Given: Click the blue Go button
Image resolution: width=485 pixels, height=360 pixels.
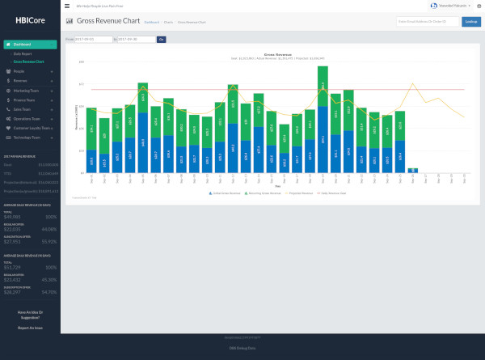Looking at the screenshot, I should click(x=162, y=39).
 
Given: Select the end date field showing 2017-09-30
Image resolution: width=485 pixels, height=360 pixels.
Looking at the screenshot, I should click(x=137, y=39).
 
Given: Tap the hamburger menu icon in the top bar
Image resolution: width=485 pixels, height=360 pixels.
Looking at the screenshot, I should click(x=67, y=6).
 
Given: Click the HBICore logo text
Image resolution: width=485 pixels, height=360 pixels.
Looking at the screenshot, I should click(x=30, y=20).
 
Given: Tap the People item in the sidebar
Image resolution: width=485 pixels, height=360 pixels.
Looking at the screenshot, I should click(x=20, y=72).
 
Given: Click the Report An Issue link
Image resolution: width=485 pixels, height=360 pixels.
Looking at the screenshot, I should click(x=30, y=328).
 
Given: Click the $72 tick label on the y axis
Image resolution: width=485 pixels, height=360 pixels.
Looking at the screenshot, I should click(x=82, y=83).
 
